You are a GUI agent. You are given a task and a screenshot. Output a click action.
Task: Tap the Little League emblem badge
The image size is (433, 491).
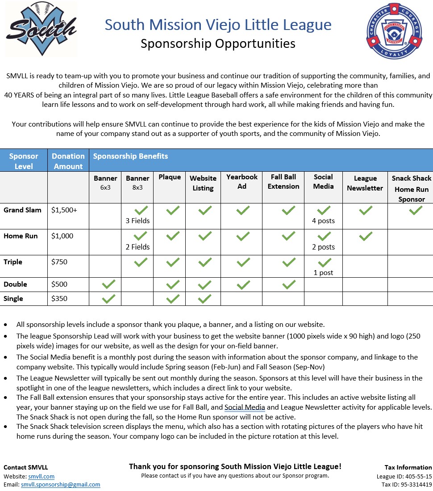click(393, 31)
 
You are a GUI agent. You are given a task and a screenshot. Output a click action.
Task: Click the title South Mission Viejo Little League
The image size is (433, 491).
click(218, 25)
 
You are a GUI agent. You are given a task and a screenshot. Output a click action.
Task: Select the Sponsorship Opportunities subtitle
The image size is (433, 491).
click(218, 43)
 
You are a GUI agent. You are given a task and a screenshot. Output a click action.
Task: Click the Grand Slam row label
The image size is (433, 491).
click(22, 210)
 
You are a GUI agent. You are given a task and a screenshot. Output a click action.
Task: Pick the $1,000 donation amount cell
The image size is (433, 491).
click(62, 236)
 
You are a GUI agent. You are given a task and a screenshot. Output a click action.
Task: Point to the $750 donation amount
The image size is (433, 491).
click(59, 262)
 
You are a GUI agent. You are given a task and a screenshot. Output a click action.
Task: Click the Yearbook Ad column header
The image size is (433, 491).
click(241, 182)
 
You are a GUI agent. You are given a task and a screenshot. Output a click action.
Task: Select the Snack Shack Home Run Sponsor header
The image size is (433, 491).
click(411, 189)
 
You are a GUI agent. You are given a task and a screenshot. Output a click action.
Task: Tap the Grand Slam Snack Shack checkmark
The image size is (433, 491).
click(415, 210)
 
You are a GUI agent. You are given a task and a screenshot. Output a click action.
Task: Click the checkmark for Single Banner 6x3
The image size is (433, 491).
click(108, 299)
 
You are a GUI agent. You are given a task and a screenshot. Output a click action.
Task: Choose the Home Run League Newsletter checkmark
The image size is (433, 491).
click(365, 236)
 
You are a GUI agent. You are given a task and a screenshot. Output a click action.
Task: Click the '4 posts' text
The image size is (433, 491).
click(324, 220)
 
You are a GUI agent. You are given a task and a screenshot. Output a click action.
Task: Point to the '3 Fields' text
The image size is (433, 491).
click(137, 220)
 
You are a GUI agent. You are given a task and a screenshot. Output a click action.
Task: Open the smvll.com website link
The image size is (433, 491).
click(41, 476)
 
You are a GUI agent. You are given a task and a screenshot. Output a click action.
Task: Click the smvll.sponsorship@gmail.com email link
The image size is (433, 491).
click(60, 484)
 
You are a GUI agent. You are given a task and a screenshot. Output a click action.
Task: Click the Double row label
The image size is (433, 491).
click(15, 284)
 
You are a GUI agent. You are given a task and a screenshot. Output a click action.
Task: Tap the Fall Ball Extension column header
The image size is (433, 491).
click(283, 182)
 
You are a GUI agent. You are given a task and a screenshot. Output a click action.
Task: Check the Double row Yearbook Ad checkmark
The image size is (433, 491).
click(243, 284)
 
